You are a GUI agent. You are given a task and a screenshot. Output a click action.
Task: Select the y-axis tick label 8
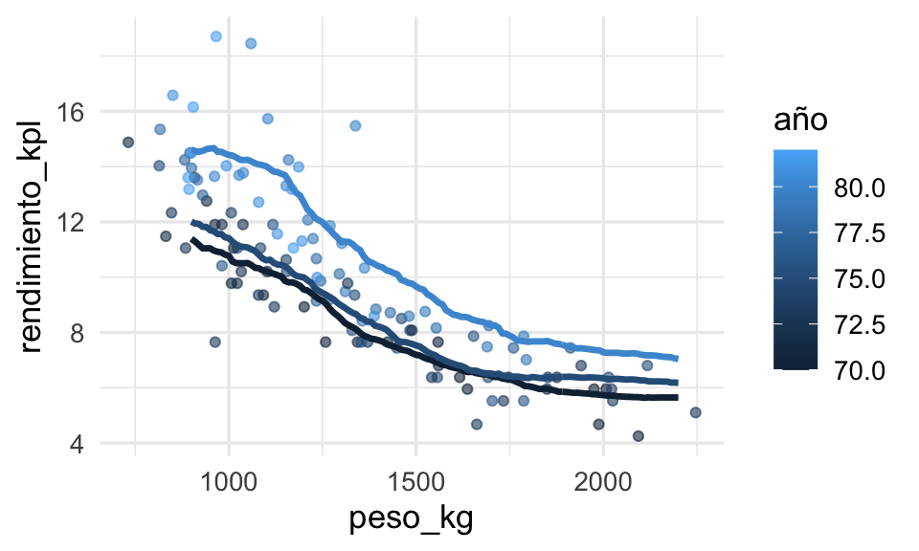coord(77,333)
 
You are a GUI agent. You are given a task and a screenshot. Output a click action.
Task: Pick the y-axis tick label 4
coord(77,444)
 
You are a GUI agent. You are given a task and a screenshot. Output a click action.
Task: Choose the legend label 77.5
coord(853,232)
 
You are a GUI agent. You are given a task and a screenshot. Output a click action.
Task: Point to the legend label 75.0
coord(853,277)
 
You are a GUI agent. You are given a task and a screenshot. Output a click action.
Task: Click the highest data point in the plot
coord(216,36)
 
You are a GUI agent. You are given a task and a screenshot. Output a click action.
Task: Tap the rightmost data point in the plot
coord(696,412)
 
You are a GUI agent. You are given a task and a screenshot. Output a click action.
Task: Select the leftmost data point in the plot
coord(128,142)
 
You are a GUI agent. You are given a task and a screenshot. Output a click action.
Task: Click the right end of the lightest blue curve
coord(677,359)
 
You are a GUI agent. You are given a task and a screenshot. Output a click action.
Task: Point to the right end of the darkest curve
coord(677,397)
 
